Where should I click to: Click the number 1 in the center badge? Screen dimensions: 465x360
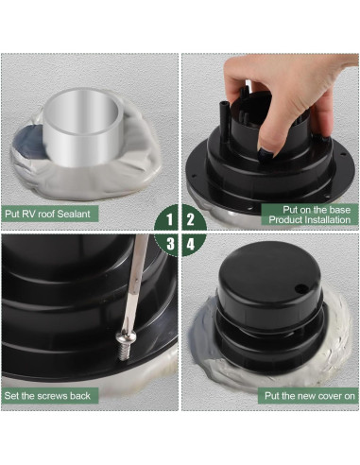[169, 219]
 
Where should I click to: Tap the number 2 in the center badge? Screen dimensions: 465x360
[190, 219]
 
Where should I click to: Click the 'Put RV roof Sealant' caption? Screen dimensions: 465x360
[47, 214]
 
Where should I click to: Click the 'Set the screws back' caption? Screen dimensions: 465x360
[47, 395]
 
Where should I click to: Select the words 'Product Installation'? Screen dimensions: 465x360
[309, 219]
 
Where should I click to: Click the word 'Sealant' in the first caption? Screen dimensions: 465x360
[73, 214]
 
